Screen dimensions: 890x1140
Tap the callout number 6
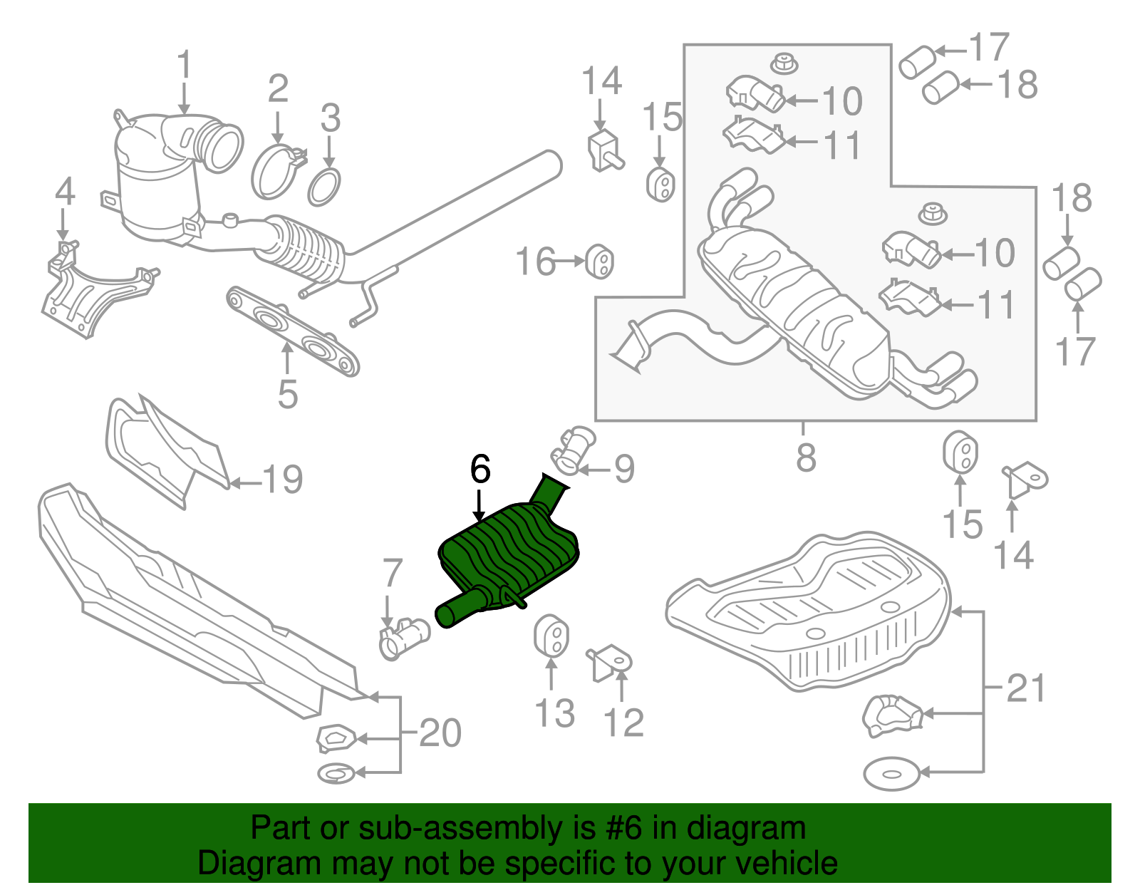[x=480, y=470]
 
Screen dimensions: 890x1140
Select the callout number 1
[x=185, y=65]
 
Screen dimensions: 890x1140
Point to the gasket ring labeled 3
[x=324, y=187]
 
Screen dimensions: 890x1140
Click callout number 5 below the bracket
[x=287, y=394]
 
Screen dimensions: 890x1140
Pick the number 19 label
[x=284, y=480]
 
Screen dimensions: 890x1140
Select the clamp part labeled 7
[x=403, y=636]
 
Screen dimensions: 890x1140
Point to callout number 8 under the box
[x=806, y=457]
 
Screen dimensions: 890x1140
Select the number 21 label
[x=1026, y=689]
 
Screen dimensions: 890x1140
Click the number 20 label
[x=440, y=733]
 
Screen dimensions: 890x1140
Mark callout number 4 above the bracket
[x=65, y=192]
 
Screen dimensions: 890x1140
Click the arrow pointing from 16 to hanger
[x=569, y=262]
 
